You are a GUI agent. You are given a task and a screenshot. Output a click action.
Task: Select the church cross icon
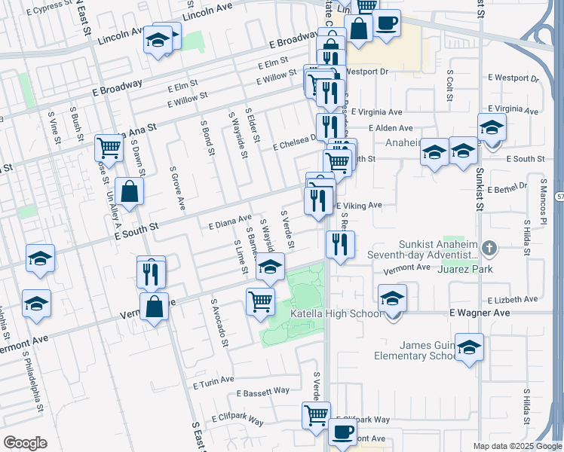[489, 247]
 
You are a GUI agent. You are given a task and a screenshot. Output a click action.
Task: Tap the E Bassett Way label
[262, 392]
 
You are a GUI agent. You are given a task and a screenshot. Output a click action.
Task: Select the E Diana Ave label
[229, 222]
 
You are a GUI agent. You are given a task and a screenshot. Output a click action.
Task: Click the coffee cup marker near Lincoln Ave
[386, 23]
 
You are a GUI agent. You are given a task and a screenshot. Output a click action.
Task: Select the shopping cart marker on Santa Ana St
[109, 148]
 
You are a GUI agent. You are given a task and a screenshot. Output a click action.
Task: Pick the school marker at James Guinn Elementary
[469, 347]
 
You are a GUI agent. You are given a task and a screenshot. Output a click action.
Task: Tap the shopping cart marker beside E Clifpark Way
[316, 414]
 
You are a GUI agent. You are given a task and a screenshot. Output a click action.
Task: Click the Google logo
[25, 443]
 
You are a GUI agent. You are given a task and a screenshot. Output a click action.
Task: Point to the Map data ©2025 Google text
[516, 446]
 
